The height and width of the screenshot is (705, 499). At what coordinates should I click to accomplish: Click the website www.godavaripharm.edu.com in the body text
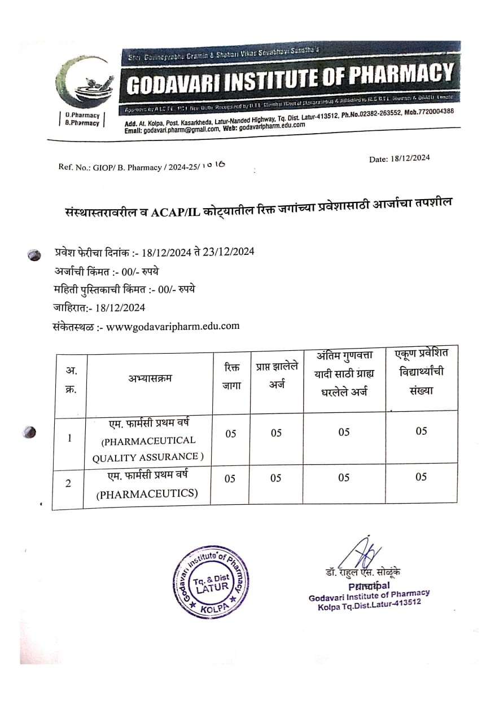pos(173,326)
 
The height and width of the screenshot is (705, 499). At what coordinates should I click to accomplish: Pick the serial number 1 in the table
pos(69,438)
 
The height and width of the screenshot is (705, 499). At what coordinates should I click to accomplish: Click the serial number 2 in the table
pos(68,484)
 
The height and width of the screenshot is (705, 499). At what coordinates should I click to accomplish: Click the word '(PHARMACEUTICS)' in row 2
pos(147,495)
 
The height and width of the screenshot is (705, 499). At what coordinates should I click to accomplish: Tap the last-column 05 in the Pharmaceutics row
pos(421,477)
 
